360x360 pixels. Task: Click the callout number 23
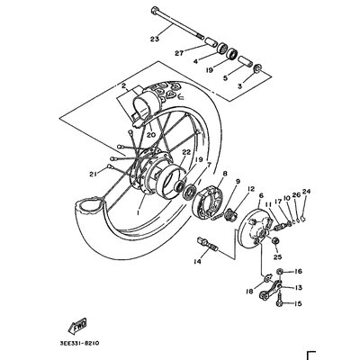(x=155, y=39)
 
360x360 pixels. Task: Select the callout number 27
(x=179, y=53)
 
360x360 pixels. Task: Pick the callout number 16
(x=299, y=271)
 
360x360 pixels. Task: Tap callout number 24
(x=306, y=191)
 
